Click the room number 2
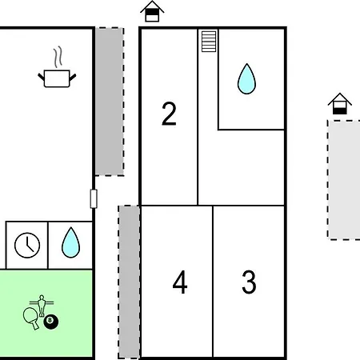[x=169, y=114]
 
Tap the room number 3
[x=249, y=282]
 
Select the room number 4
[x=180, y=282]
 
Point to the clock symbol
[x=27, y=246]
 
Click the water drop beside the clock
[x=70, y=242]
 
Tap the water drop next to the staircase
[x=246, y=79]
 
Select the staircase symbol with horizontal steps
[x=209, y=42]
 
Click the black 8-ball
[x=51, y=322]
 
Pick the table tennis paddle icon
[x=30, y=318]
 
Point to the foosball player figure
[x=42, y=306]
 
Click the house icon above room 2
[x=152, y=11]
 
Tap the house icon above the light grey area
[x=340, y=104]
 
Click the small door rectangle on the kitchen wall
[x=94, y=198]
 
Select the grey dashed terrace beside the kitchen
[x=110, y=102]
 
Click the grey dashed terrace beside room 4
[x=129, y=282]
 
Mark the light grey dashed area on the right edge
[x=344, y=180]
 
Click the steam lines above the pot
[x=58, y=57]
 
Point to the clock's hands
[x=30, y=246]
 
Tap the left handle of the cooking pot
[x=41, y=77]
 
